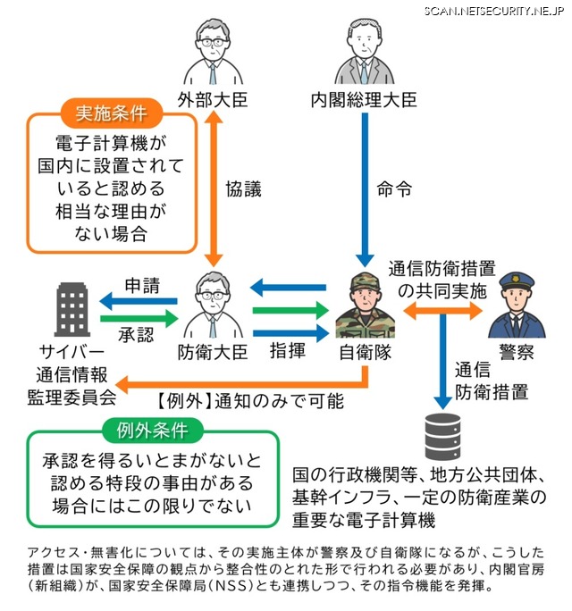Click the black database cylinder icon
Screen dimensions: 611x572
coord(443,432)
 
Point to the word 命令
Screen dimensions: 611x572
coord(394,189)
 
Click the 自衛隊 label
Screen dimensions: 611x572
coord(365,352)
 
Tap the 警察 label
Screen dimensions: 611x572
coord(516,352)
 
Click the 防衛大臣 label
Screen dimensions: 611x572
coord(213,352)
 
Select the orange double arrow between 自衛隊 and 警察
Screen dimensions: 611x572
coord(443,309)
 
